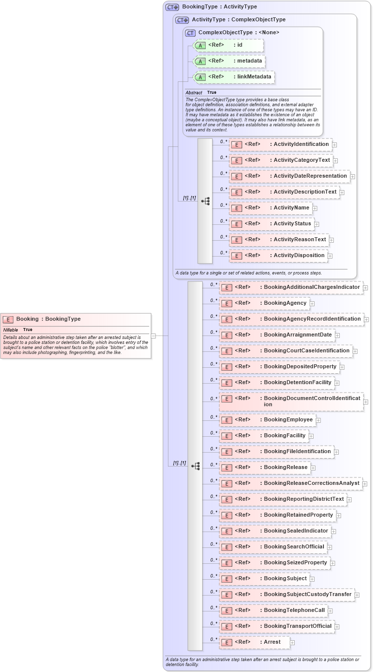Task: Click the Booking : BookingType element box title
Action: pyautogui.click(x=49, y=319)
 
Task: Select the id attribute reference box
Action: pyautogui.click(x=228, y=45)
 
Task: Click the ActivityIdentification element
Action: pyautogui.click(x=280, y=144)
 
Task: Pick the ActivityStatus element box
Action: pyautogui.click(x=271, y=224)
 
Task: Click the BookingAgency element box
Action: pyautogui.click(x=264, y=303)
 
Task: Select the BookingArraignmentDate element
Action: pyautogui.click(x=276, y=335)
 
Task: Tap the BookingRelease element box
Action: pyautogui.click(x=265, y=468)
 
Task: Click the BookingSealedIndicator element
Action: pyautogui.click(x=275, y=531)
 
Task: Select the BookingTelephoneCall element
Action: pyautogui.click(x=273, y=610)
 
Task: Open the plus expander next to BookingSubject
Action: pyautogui.click(x=312, y=579)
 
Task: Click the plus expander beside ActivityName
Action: pyautogui.click(x=315, y=208)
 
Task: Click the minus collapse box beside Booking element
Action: pyautogui.click(x=154, y=336)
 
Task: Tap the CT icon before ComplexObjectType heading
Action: pyautogui.click(x=190, y=33)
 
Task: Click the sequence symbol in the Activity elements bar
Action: pyautogui.click(x=205, y=201)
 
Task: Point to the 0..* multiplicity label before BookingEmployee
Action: pyautogui.click(x=214, y=417)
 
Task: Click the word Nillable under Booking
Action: pyautogui.click(x=10, y=330)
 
